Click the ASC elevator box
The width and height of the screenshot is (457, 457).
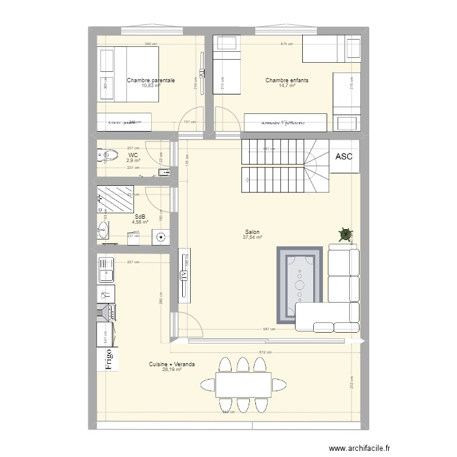[x=344, y=157]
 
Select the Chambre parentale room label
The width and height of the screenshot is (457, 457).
[x=151, y=80]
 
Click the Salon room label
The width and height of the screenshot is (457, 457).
[x=252, y=232]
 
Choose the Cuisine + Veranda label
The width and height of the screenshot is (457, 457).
[x=172, y=364]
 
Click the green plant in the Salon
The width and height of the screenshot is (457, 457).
[x=345, y=234]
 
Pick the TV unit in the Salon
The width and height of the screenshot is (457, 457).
[x=184, y=275]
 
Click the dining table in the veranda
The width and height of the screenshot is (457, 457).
[x=243, y=384]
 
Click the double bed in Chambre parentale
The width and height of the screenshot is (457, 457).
[x=129, y=74]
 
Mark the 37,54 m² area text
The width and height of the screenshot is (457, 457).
[x=252, y=238]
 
